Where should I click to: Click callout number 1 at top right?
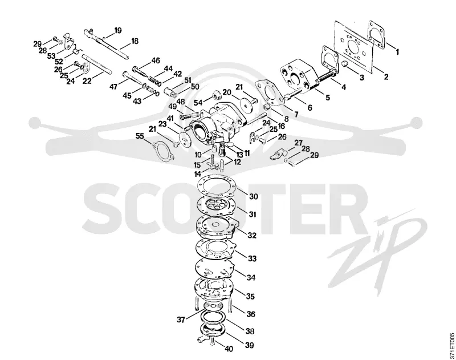click(397, 52)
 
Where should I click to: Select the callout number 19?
click(118, 30)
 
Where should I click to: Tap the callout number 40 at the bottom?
click(229, 349)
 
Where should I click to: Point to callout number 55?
click(140, 136)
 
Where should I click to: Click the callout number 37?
click(181, 319)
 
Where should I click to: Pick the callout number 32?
click(252, 235)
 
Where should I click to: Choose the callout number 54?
click(198, 103)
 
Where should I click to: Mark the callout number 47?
click(113, 87)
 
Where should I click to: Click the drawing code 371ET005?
click(451, 346)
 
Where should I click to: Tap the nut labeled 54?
click(217, 95)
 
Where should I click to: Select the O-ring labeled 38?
click(214, 318)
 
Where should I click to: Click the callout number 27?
click(298, 143)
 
